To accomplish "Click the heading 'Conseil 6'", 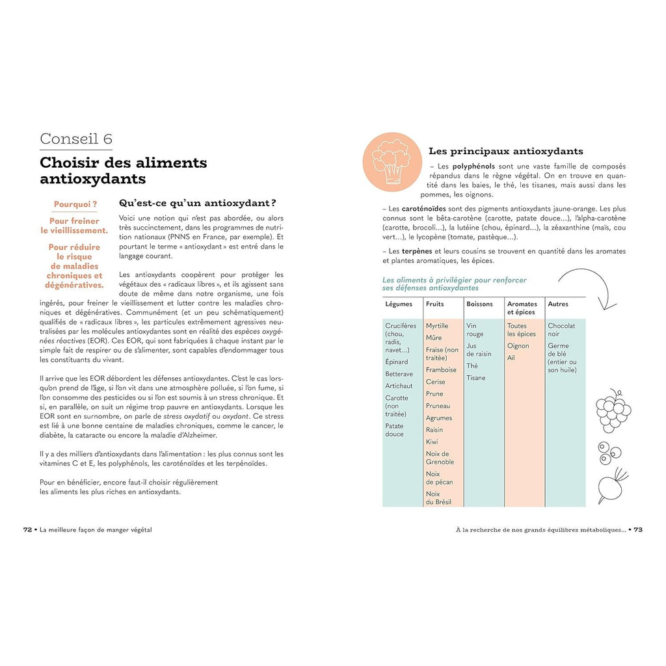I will pyautogui.click(x=76, y=139).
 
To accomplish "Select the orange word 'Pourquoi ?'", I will pyautogui.click(x=75, y=204).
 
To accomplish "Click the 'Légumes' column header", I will pyautogui.click(x=399, y=304).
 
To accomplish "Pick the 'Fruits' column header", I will pyautogui.click(x=435, y=304).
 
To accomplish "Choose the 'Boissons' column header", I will pyautogui.click(x=479, y=304).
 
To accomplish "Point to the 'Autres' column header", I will pyautogui.click(x=558, y=304).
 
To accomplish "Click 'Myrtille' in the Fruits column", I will pyautogui.click(x=437, y=326).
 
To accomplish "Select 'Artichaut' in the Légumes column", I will pyautogui.click(x=399, y=386).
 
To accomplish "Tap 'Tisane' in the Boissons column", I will pyautogui.click(x=475, y=378).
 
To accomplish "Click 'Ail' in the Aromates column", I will pyautogui.click(x=511, y=358).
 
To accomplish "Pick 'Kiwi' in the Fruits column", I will pyautogui.click(x=432, y=442).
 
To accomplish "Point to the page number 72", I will pyautogui.click(x=28, y=529).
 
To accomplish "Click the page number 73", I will pyautogui.click(x=638, y=529).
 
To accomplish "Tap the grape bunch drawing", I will pyautogui.click(x=613, y=410).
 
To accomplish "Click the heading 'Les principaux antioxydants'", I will pyautogui.click(x=505, y=151).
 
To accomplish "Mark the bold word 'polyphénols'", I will pyautogui.click(x=474, y=166).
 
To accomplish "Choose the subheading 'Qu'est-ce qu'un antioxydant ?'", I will pyautogui.click(x=198, y=202).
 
